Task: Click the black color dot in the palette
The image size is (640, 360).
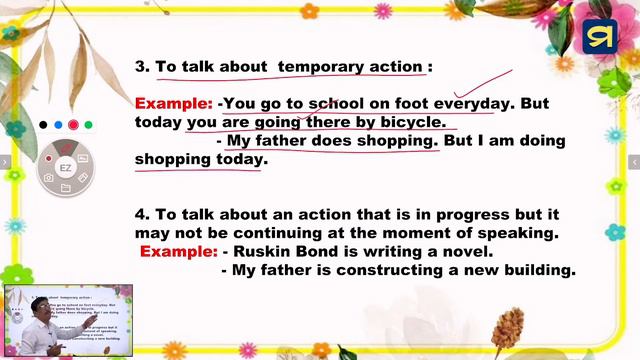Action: click(x=43, y=125)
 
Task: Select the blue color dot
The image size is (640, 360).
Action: click(x=58, y=125)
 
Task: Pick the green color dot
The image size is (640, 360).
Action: click(x=88, y=125)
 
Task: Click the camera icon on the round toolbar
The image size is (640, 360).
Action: click(x=48, y=178)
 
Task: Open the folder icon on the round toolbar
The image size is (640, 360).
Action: click(x=65, y=187)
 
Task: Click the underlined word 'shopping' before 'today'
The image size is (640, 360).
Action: click(x=171, y=159)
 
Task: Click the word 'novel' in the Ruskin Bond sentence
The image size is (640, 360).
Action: click(x=466, y=251)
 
